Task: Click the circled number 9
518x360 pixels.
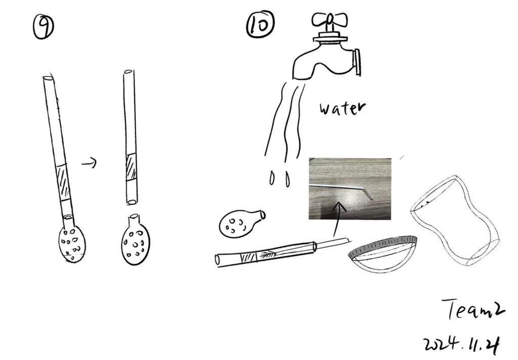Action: point(44,27)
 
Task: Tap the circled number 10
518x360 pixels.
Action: point(261,24)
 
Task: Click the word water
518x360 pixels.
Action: point(342,108)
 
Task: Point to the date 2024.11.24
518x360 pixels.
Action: point(461,345)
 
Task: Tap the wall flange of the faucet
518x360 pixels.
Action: point(357,62)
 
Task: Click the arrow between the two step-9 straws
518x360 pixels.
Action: point(89,162)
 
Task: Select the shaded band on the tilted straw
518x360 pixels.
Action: point(63,183)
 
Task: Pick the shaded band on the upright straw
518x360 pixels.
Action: point(131,167)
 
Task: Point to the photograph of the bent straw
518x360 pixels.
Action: point(350,189)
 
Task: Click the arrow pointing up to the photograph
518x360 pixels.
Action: point(337,219)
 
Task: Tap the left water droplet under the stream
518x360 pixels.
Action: point(272,178)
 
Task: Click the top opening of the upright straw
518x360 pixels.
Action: point(128,72)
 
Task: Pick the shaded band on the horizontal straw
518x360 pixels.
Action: point(248,257)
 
